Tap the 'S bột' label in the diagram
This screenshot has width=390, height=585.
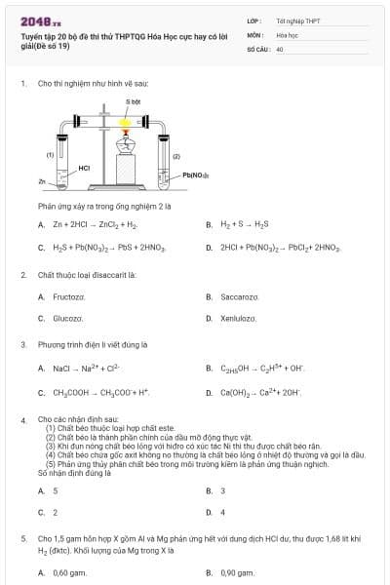[134, 101]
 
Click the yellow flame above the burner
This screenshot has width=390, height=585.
[125, 123]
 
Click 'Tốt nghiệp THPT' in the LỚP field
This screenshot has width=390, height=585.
[297, 19]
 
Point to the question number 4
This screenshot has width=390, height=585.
[23, 419]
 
